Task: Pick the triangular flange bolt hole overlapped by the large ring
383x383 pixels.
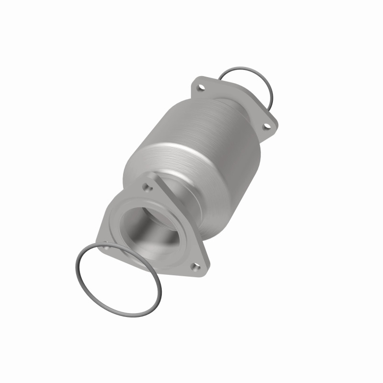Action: pos(106,247)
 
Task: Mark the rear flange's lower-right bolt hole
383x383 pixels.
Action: pos(267,126)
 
